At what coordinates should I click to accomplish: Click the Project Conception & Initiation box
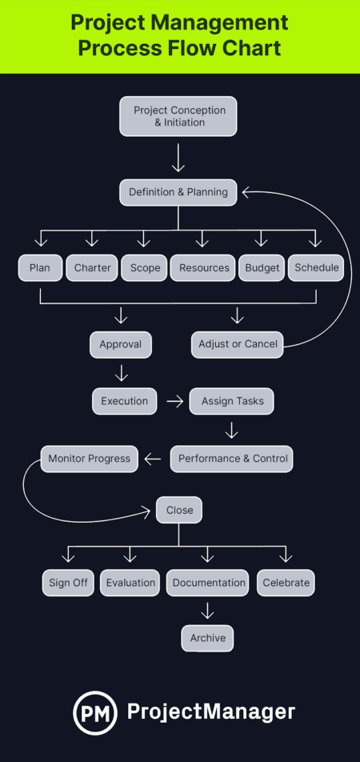pos(179,116)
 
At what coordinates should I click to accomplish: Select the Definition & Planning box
pos(178,192)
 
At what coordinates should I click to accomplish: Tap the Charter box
pos(92,268)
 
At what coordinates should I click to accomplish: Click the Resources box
pos(202,268)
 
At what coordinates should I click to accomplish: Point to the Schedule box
pos(316,268)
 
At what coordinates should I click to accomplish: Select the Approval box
pos(120,345)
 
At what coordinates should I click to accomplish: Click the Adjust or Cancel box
pos(237,345)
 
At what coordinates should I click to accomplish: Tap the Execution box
pos(124,401)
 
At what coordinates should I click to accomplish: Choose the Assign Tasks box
pos(232,401)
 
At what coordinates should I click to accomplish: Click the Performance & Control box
pos(231,459)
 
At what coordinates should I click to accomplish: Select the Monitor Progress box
pos(90,459)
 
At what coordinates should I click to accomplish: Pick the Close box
pos(179,511)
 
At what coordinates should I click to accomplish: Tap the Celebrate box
pos(286,583)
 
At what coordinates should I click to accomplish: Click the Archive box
pos(207,638)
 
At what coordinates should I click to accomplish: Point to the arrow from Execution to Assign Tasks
pos(174,401)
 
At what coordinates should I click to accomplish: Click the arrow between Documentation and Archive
pos(207,611)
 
